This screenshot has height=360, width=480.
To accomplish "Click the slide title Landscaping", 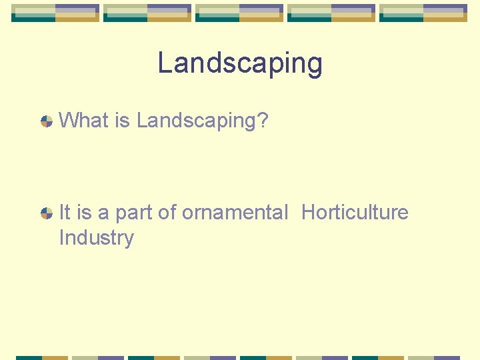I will point(240,64).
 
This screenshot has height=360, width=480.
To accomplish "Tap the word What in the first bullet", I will point(83,121).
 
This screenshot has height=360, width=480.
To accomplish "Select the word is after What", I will point(122,121).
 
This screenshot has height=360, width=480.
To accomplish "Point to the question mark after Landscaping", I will point(262,121).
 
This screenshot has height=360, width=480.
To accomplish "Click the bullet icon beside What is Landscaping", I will point(47,121).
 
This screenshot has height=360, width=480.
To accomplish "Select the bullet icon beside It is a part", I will point(47,213).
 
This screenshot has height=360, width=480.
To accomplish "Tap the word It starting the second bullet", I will point(65,213).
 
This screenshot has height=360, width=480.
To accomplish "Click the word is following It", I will point(84,213).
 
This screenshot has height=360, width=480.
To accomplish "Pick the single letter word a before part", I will point(103,213).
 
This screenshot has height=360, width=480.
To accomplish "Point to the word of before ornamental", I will point(167,213).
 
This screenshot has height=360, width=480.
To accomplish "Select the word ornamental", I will point(235,213).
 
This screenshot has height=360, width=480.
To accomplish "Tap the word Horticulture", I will point(355,213).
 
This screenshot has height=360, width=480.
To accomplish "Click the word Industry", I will point(96,238).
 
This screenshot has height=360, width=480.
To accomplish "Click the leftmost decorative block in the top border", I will point(55,13).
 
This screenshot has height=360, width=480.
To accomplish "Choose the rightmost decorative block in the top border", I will point(423,13).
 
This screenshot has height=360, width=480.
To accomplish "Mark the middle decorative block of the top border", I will point(239,13).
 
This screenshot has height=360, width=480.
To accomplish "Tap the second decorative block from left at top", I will point(147,13).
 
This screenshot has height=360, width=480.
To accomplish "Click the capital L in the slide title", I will point(165,63).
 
